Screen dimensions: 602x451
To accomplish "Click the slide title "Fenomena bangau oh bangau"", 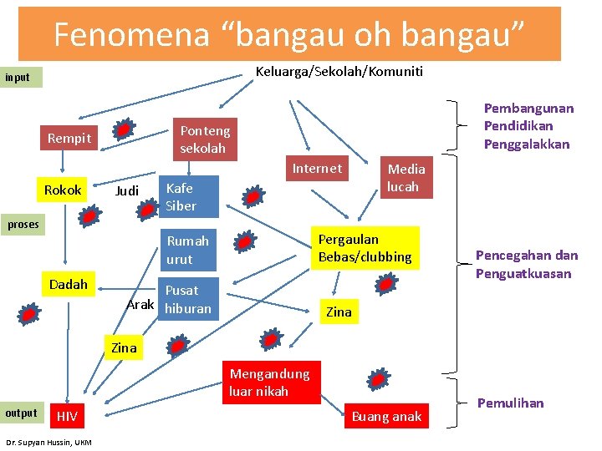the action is click(x=289, y=34).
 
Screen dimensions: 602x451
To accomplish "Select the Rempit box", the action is click(x=69, y=139).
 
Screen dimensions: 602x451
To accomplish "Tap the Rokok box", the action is click(x=63, y=190).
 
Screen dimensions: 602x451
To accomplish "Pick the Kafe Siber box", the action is click(x=189, y=197).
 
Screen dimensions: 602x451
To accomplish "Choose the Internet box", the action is click(x=317, y=169).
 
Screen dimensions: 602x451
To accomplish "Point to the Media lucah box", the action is click(x=406, y=178).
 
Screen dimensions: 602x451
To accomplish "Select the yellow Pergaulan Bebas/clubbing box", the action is click(x=365, y=248).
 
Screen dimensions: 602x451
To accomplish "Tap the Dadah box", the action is click(x=68, y=285).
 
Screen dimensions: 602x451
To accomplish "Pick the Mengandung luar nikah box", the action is click(x=269, y=383).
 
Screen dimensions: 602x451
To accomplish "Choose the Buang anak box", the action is click(x=387, y=416).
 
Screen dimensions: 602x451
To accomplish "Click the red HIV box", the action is click(x=68, y=416).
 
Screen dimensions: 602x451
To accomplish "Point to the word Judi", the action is click(x=127, y=191).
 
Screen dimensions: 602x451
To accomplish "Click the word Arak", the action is click(x=140, y=304).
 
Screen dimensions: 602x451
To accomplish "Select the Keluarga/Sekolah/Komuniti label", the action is click(x=339, y=72).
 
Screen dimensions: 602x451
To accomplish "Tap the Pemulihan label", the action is click(x=510, y=403).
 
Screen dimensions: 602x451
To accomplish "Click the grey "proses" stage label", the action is click(x=23, y=225).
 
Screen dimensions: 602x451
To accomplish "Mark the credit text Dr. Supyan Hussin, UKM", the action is click(x=48, y=442).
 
